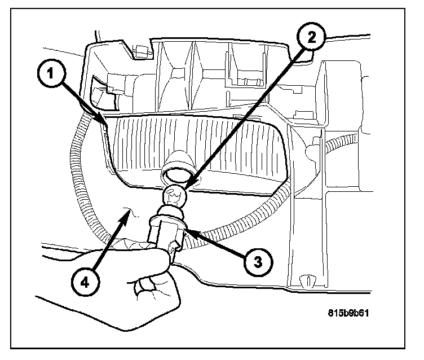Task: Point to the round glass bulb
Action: click(x=175, y=197)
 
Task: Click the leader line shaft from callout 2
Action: click(x=248, y=113)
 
